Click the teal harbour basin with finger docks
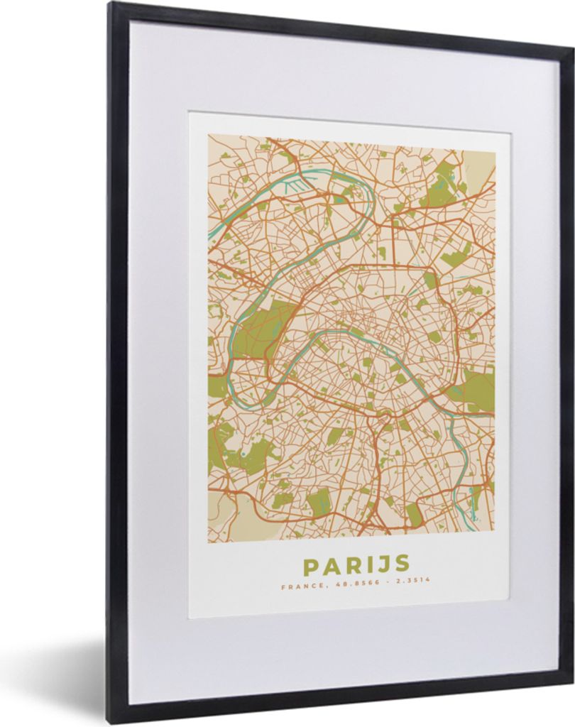(x=297, y=186)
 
